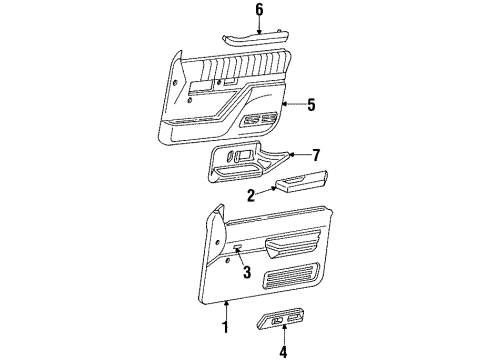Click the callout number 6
260,10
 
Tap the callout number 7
316,156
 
